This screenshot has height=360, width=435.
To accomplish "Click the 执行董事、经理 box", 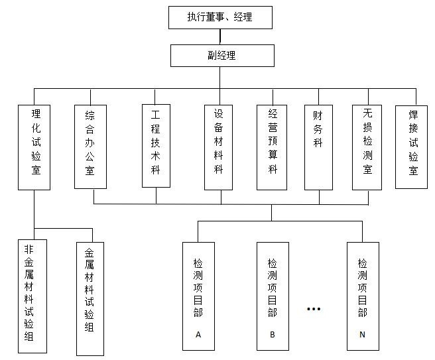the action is tap(220, 17).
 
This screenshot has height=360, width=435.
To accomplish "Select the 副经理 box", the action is tap(222, 56).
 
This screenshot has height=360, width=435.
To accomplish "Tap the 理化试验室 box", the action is tap(34, 147).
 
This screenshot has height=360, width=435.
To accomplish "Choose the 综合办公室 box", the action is tap(90, 147).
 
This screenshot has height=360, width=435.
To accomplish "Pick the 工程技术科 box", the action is tap(156, 146).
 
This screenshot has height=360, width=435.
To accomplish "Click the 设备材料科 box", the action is tap(218, 147).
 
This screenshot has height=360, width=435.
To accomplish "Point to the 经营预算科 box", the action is tap(272, 147).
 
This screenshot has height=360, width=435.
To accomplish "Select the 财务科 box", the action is tap(318, 147).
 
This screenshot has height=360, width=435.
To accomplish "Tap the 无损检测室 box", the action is tap(367, 147).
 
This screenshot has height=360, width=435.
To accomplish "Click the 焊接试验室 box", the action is tap(411, 147).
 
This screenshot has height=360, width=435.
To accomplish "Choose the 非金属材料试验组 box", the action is tap(32, 296).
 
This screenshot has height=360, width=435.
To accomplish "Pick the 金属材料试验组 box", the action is tap(90, 299).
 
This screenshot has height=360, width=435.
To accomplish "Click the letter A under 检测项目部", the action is tap(198, 335).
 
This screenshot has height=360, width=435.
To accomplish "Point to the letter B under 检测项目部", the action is tap(273, 335).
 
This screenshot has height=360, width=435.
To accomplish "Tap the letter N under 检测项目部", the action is tap(362, 335).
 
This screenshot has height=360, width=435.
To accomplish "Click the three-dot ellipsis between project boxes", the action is tap(314, 309).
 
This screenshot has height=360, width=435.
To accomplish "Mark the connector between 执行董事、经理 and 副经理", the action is tap(220, 36).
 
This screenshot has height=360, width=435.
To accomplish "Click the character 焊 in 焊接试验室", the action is tap(413, 115).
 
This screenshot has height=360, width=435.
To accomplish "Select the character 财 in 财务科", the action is tap(318, 115).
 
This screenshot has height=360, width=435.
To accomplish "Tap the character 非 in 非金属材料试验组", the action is tap(29, 249).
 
